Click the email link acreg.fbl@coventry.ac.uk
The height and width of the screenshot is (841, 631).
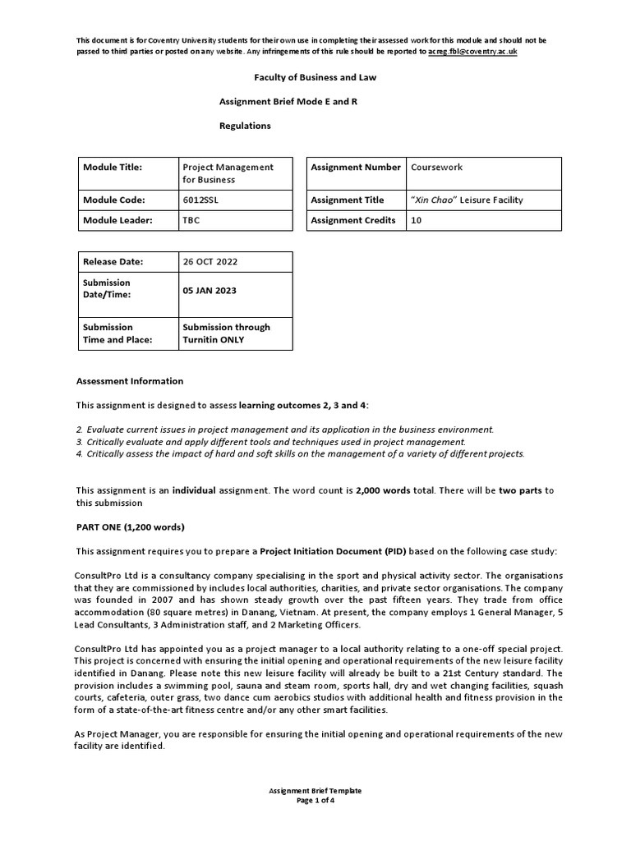pos(472,51)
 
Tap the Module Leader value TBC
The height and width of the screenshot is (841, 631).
pos(191,220)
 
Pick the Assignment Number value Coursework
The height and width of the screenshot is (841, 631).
pos(436,167)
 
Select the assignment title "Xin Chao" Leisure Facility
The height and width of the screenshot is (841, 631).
pos(466,200)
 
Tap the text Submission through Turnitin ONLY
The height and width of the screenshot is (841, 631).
pos(225,333)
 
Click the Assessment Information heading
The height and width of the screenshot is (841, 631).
pos(130,381)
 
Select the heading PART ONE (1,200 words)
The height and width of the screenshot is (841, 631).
pos(130,526)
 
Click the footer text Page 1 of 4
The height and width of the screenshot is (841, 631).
pos(315,801)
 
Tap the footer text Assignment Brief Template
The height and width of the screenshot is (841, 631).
pos(315,791)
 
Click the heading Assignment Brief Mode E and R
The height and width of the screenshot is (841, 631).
pos(288,102)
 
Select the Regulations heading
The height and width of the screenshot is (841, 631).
pos(244,126)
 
